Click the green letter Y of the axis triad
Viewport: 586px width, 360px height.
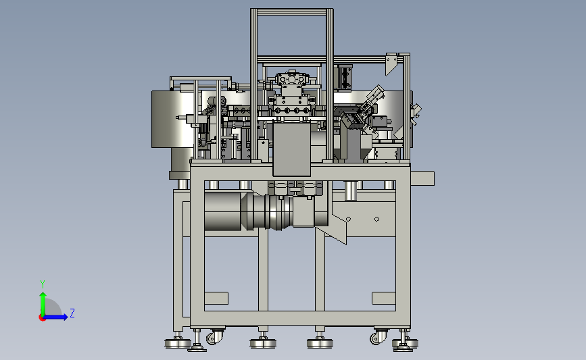coord(43,284)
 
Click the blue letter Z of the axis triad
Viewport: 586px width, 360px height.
coord(72,313)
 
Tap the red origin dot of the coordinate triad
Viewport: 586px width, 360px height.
coord(42,318)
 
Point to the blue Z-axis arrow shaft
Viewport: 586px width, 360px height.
coord(55,317)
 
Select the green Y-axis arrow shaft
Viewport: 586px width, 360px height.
coord(43,304)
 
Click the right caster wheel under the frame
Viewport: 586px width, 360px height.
coord(379,338)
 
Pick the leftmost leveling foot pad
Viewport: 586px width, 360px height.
coord(178,343)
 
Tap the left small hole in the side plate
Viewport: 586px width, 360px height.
coord(348,220)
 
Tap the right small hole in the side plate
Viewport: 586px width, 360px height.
coord(376,220)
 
